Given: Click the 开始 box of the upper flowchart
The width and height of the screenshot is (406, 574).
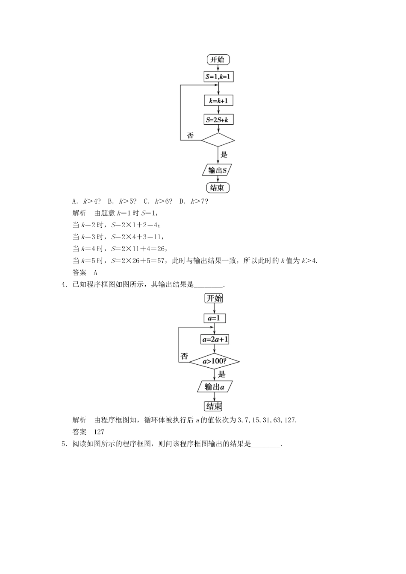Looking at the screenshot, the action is [218, 59].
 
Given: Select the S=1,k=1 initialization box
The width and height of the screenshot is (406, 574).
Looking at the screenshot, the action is [218, 77].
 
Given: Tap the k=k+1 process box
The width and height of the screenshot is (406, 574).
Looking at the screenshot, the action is [218, 101].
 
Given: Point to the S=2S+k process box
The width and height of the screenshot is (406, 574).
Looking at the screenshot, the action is [218, 120].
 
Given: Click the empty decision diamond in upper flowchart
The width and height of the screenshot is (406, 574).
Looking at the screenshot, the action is [218, 140].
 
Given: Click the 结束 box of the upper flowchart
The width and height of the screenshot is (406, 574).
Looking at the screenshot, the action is [218, 187].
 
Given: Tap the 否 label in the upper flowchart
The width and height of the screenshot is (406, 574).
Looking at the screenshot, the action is [191, 136].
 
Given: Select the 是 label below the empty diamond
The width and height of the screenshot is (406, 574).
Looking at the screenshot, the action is [224, 155].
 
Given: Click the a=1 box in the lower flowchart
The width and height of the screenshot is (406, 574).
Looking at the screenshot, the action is [214, 319].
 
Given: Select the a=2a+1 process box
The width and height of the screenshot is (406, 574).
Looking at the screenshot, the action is [214, 340].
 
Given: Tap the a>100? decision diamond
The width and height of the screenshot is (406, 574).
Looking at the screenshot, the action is [214, 362].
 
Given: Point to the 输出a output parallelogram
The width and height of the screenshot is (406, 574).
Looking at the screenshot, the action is [214, 387].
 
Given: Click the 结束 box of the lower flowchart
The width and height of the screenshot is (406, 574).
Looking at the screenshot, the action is [214, 406].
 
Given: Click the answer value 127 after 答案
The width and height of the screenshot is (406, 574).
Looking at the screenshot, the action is [99, 432].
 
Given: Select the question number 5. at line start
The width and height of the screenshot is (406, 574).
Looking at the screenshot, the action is [65, 444].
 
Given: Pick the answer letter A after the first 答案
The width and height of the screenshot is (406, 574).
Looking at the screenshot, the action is [96, 272].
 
